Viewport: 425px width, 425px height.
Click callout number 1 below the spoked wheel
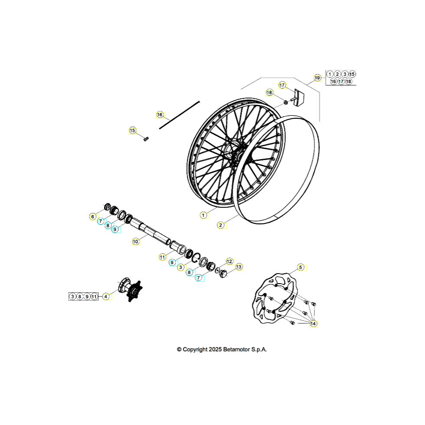[203, 215]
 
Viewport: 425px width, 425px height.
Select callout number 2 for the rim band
[221, 225]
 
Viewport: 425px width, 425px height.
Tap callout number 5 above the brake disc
[300, 267]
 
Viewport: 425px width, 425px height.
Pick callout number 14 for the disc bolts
[313, 324]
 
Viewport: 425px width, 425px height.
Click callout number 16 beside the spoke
[160, 115]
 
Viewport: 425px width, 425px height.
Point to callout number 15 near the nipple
[132, 131]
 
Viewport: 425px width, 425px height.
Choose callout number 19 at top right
[317, 78]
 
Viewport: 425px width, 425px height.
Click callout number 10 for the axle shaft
[135, 241]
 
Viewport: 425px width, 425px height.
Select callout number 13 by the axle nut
[239, 267]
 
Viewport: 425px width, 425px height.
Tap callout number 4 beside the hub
[106, 297]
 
